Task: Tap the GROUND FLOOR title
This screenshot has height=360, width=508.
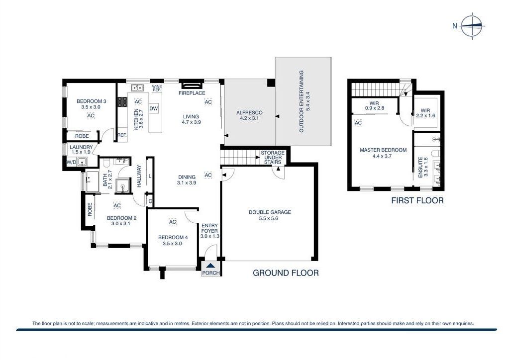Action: click(286, 272)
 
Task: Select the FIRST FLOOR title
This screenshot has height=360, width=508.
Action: click(417, 201)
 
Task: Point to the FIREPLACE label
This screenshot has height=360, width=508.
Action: click(192, 93)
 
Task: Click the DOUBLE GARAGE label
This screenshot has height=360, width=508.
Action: click(270, 212)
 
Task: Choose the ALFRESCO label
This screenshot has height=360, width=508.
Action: click(249, 113)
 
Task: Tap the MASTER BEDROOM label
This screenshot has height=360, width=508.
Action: click(383, 150)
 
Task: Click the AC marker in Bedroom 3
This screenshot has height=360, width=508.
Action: click(91, 116)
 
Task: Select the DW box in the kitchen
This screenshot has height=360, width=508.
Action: click(154, 109)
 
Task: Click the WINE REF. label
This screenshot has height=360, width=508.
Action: click(157, 89)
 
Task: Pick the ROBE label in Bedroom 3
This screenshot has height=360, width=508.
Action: click(82, 136)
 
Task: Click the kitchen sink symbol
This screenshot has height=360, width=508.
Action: click(137, 89)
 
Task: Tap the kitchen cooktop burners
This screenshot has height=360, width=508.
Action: click(122, 102)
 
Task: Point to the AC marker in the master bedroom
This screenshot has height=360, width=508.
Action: click(358, 122)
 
